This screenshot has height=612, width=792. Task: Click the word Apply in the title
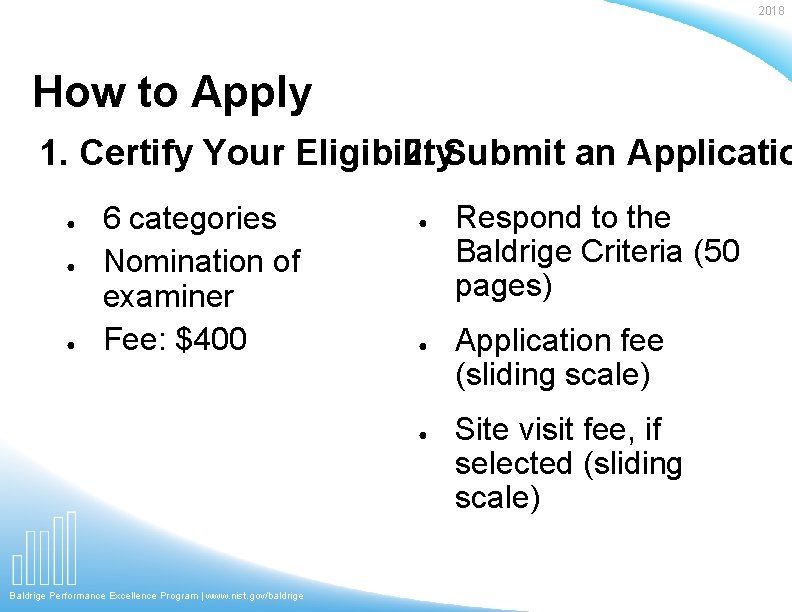coord(251,93)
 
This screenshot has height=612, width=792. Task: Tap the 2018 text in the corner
coord(771,11)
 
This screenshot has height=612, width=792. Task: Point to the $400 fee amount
coord(210,339)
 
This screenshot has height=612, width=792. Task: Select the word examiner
coord(168,296)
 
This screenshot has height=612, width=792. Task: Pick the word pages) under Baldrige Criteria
coord(503,287)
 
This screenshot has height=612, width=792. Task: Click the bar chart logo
coord(45,549)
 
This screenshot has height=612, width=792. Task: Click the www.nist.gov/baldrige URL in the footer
coord(254,596)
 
